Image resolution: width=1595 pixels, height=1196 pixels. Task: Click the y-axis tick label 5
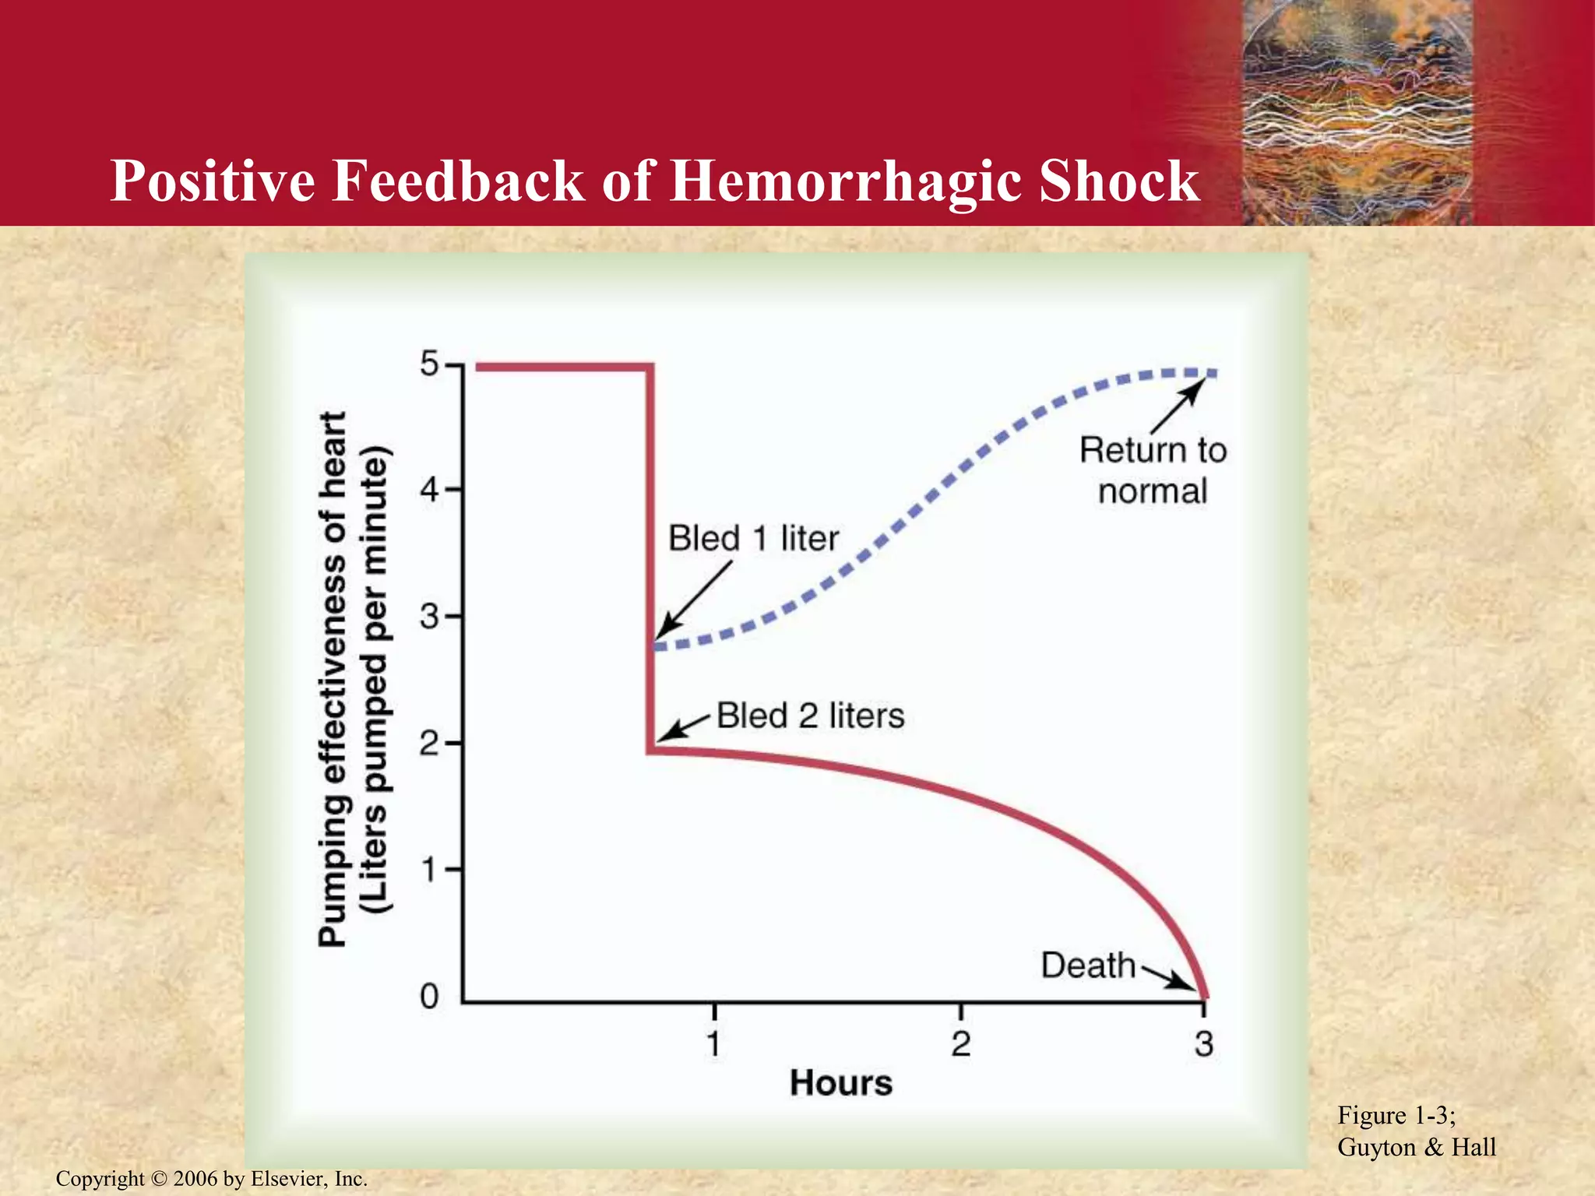coord(430,364)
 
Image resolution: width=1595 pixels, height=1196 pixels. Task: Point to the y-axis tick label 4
coord(430,491)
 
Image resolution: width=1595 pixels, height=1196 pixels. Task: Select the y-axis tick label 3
coord(430,617)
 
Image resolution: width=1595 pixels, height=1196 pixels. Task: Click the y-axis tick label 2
coord(430,744)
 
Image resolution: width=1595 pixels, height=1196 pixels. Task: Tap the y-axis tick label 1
coord(430,870)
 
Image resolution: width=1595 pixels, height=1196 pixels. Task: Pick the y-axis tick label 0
coord(430,996)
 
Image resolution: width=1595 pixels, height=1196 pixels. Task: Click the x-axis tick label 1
coord(713,1044)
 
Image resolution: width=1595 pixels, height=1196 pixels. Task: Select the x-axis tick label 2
coord(960,1044)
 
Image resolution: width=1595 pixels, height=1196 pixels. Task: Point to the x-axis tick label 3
coord(1204,1044)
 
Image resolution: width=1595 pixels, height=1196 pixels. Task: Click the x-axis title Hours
coord(841,1083)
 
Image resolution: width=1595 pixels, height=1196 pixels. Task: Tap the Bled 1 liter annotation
coord(753,539)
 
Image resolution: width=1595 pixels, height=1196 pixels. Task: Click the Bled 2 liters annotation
coord(810,716)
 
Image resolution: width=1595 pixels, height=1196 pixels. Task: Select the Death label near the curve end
coord(1088,966)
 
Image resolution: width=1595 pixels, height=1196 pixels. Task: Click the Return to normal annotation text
coord(1153,470)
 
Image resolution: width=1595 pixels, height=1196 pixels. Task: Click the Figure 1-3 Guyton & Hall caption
coord(1416,1131)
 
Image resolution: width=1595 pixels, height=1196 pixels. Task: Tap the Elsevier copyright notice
coord(211,1179)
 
